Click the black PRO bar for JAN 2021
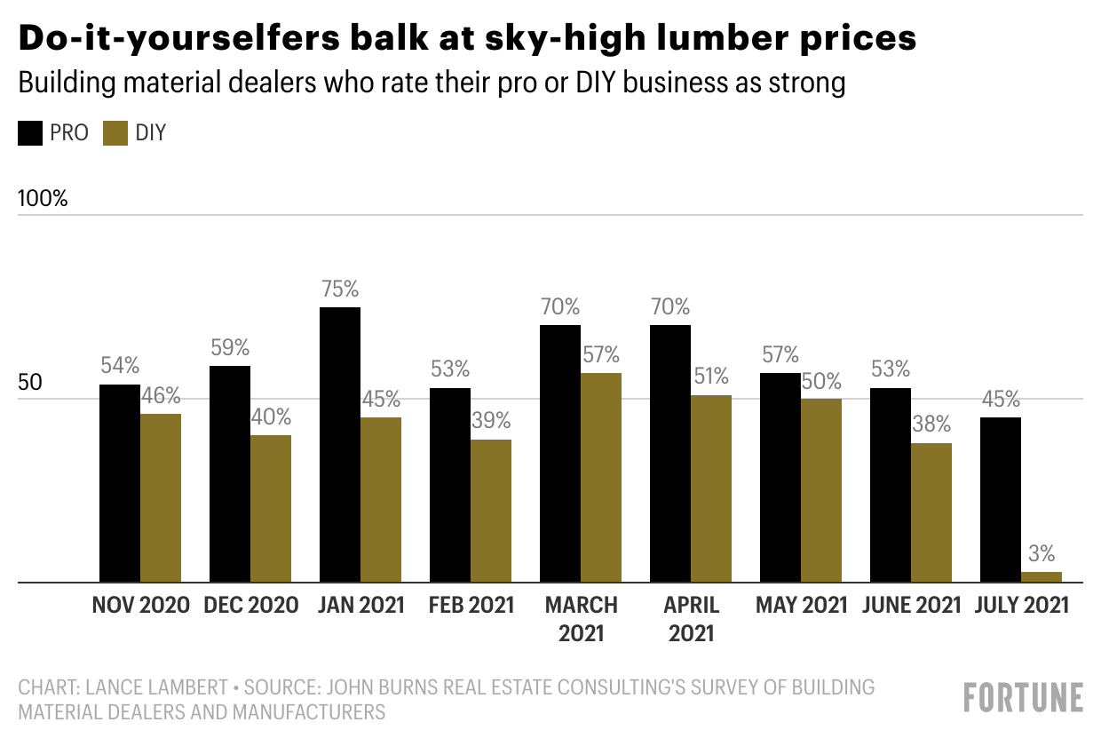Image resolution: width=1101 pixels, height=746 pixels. click(340, 444)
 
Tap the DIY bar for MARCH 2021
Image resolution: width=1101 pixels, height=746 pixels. click(601, 478)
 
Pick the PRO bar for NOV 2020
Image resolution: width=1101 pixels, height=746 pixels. click(120, 483)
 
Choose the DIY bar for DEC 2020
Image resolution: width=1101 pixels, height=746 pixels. click(271, 508)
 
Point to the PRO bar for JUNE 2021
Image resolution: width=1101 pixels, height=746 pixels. click(891, 485)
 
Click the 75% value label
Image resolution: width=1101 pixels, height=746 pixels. click(340, 289)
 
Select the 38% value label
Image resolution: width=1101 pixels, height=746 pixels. click(931, 424)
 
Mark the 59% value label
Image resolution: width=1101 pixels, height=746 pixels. click(230, 347)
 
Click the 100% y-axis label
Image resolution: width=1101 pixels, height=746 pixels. click(44, 198)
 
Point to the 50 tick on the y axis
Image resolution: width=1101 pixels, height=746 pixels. click(30, 384)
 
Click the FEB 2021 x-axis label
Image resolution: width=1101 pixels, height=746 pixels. click(471, 606)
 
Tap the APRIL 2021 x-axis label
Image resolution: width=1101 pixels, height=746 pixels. click(692, 619)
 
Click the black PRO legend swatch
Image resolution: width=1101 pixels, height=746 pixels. click(30, 134)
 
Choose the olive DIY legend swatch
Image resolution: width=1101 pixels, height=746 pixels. click(115, 134)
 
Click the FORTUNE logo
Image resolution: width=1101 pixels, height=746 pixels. click(1024, 697)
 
